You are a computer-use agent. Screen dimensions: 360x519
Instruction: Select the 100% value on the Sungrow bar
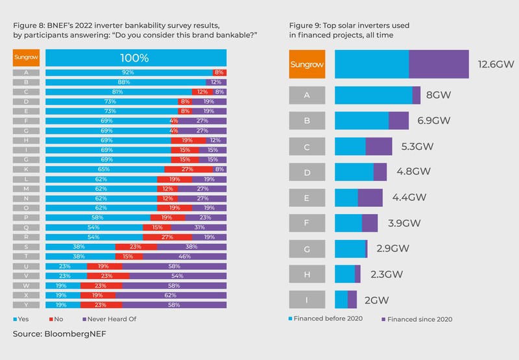pyautogui.click(x=137, y=58)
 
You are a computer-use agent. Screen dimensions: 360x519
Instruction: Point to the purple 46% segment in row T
pyautogui.click(x=184, y=256)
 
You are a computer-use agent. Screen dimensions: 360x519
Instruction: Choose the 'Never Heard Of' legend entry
pyautogui.click(x=114, y=319)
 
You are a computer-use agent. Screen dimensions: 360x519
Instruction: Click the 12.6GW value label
pyautogui.click(x=494, y=64)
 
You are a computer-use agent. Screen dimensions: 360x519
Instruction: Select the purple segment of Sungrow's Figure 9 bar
pyautogui.click(x=439, y=64)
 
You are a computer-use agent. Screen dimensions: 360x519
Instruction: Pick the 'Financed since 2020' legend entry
pyautogui.click(x=415, y=319)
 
